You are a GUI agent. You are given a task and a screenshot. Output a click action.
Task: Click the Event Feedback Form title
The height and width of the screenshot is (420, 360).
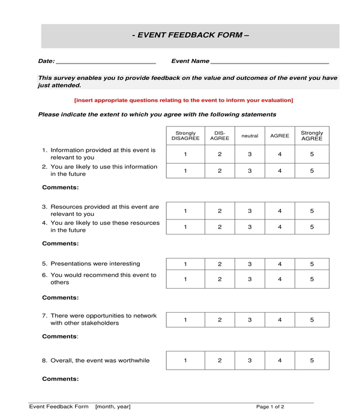click(x=190, y=35)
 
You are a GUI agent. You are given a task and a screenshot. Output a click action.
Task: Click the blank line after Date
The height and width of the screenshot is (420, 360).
click(x=106, y=61)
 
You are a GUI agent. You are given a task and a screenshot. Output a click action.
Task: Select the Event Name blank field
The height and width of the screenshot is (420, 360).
click(x=270, y=61)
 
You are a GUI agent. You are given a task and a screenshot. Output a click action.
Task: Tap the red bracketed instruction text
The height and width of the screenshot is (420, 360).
click(x=184, y=100)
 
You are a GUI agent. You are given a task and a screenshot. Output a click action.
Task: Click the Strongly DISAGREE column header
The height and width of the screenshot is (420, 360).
click(x=185, y=136)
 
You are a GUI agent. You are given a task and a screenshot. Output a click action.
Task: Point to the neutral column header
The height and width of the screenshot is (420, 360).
click(x=250, y=136)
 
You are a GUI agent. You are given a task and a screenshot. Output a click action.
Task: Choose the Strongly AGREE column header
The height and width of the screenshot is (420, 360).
click(x=311, y=136)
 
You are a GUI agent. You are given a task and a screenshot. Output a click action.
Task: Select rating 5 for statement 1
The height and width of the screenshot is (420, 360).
click(x=311, y=154)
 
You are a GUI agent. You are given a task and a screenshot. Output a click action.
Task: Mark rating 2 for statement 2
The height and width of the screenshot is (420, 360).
click(x=220, y=171)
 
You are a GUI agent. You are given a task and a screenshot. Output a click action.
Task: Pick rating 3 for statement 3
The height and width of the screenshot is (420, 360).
click(x=250, y=211)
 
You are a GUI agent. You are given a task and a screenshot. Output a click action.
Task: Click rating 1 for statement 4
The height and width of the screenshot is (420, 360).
click(x=185, y=227)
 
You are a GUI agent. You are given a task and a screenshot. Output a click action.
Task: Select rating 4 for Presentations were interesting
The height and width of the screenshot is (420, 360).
click(x=280, y=264)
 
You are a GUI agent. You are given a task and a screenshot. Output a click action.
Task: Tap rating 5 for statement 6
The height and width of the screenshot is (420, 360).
click(x=311, y=279)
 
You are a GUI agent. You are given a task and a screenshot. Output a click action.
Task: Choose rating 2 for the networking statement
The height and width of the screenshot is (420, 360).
click(x=220, y=320)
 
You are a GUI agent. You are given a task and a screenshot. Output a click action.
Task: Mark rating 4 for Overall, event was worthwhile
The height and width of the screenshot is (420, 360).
click(x=280, y=361)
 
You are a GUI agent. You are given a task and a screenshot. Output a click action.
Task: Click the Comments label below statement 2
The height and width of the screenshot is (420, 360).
click(x=60, y=187)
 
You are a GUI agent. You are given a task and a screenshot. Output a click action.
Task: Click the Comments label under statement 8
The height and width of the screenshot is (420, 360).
click(x=60, y=379)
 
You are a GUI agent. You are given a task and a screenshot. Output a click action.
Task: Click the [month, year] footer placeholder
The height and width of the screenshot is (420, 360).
click(x=113, y=407)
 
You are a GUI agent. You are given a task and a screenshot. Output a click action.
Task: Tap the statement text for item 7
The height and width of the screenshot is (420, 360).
click(x=103, y=319)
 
